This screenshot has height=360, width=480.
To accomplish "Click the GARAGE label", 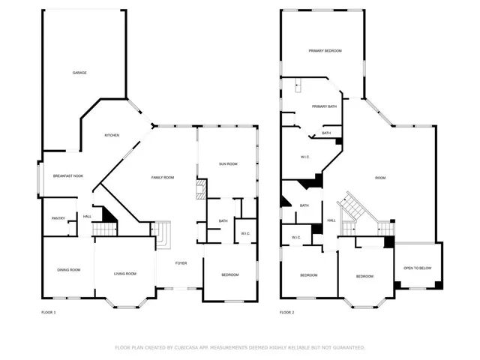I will [x=79, y=73].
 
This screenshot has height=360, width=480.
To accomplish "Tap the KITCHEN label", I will [x=112, y=135].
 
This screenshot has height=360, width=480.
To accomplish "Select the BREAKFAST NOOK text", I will [x=67, y=176].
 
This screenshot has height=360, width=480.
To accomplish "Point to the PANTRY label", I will [x=58, y=218].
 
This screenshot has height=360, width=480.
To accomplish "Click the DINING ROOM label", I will [x=69, y=270].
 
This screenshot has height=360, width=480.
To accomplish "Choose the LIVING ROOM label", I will [x=125, y=274].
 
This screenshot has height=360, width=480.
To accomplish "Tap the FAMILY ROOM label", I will [x=163, y=177].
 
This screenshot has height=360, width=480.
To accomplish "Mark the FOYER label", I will [x=181, y=263].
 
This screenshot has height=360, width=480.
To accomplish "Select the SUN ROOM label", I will [x=228, y=163].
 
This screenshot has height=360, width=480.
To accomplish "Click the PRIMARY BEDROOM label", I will [x=325, y=50].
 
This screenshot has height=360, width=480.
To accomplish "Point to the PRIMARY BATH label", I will [x=325, y=106].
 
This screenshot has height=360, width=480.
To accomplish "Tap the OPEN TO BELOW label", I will [x=418, y=268].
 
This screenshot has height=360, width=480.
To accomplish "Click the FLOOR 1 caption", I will [x=49, y=312].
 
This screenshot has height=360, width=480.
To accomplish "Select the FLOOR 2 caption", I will [x=287, y=312].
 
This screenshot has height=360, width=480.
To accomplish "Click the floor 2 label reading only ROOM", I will [x=380, y=178].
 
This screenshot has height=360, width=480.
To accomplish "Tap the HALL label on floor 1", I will [x=87, y=217].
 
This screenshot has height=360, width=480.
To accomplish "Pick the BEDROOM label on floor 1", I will [x=229, y=275].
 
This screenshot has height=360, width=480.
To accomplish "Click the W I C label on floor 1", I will [x=245, y=234].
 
